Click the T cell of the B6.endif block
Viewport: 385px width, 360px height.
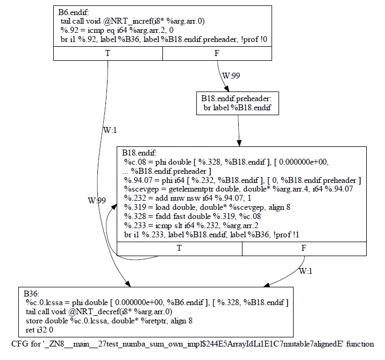click(108, 53)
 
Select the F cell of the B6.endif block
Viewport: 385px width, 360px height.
click(217, 53)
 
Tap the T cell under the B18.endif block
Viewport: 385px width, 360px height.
click(179, 248)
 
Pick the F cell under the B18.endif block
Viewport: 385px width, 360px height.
click(304, 248)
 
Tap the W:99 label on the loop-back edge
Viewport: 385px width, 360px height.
click(97, 200)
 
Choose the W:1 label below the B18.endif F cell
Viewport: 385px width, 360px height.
click(305, 271)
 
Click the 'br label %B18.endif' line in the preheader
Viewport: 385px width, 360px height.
click(238, 107)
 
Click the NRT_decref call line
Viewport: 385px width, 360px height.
click(99, 312)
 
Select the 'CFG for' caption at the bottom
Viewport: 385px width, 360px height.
click(192, 343)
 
